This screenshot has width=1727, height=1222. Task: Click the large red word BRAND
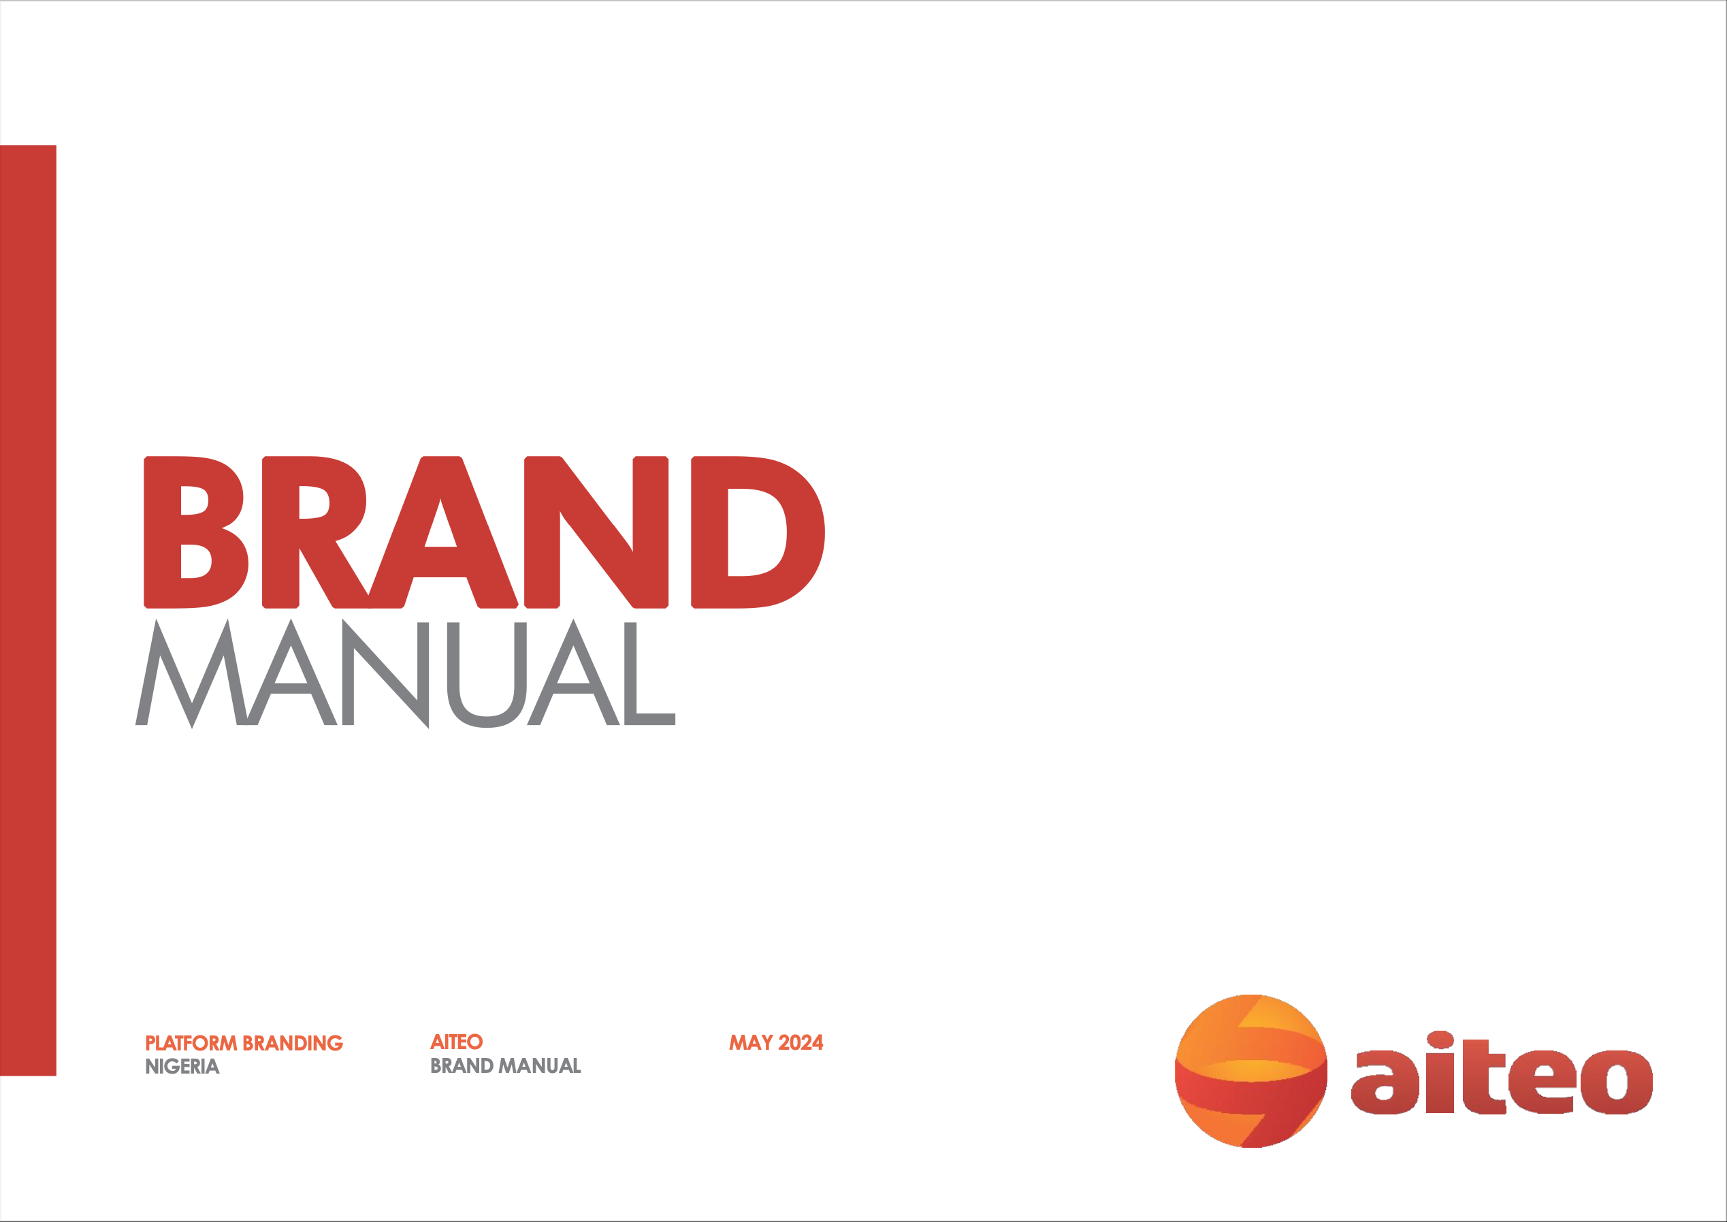click(485, 532)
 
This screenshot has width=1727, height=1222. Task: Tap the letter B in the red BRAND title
click(196, 532)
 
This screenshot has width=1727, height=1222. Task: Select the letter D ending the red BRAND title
click(758, 532)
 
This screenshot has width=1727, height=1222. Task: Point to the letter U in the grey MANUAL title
click(487, 675)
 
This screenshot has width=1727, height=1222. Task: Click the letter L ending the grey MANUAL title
click(650, 673)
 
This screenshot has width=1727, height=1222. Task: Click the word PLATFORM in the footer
click(191, 1043)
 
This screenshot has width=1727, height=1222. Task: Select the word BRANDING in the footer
click(293, 1043)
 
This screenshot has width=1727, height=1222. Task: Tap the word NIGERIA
click(182, 1066)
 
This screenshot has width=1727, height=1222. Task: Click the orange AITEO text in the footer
click(457, 1042)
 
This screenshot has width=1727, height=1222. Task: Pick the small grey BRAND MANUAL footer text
click(506, 1065)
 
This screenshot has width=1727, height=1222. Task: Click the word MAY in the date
click(751, 1042)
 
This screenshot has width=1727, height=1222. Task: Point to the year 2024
click(801, 1042)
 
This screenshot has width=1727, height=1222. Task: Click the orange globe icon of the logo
click(1251, 1071)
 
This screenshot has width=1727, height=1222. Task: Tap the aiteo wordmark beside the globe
click(1502, 1072)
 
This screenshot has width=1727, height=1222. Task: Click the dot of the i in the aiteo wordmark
click(1440, 1039)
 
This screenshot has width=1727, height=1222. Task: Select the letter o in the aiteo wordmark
click(1617, 1082)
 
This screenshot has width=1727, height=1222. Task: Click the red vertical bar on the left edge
click(28, 610)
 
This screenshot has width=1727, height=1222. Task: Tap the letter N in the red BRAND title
click(596, 532)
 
